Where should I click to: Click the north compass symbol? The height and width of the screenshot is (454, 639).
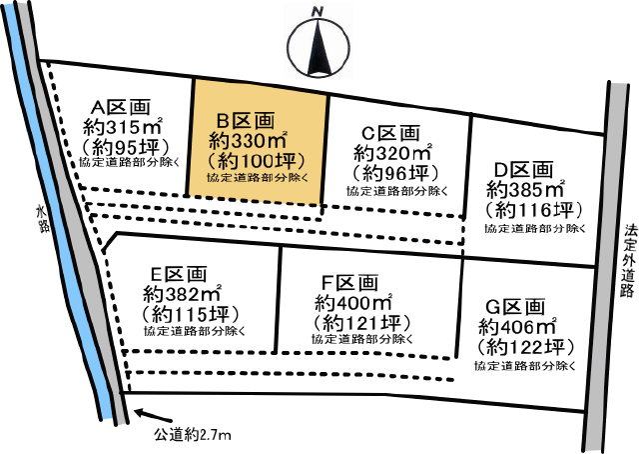(x=319, y=48)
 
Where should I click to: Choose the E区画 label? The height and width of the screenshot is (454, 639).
(x=182, y=273)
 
